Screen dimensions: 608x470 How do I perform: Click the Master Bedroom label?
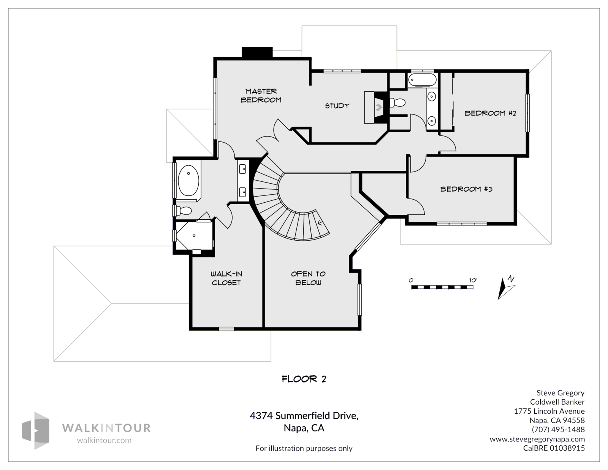(261, 96)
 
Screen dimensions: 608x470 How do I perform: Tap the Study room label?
(337, 106)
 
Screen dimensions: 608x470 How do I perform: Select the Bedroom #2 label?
(491, 113)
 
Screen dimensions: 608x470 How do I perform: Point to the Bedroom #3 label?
(466, 189)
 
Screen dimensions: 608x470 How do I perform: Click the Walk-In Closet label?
(226, 278)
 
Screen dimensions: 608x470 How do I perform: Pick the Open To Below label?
(308, 278)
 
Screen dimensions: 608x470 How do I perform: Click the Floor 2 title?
(304, 379)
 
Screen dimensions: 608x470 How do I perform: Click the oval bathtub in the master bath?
(188, 180)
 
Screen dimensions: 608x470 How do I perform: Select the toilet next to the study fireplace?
(397, 103)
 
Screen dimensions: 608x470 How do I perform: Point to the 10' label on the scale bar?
(473, 280)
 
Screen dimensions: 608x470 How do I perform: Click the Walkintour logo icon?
(36, 430)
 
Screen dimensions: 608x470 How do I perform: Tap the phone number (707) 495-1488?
(558, 429)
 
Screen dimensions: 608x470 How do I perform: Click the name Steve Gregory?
(560, 393)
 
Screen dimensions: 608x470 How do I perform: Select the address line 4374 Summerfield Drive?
(304, 416)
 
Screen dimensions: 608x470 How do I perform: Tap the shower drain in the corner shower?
(194, 236)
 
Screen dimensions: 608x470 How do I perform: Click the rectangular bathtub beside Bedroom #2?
(422, 80)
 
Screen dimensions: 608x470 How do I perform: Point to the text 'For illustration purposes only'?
(304, 448)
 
